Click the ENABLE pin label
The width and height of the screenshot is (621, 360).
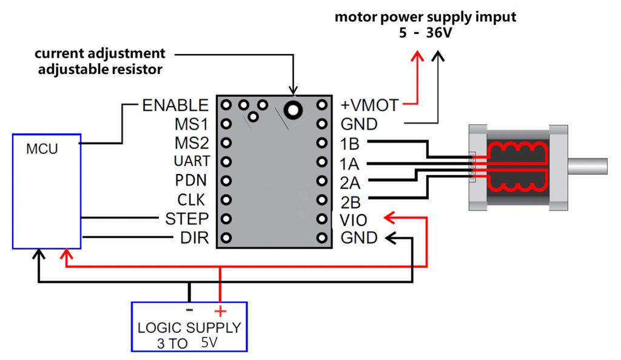coord(175,105)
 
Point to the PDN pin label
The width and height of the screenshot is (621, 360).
coord(191,180)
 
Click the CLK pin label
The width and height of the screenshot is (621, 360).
coord(192,199)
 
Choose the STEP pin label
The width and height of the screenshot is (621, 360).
coord(187,218)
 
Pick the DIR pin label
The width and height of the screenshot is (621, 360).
coord(195,238)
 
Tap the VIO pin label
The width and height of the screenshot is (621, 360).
coord(353,219)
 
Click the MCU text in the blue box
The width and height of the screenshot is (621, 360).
coord(42,148)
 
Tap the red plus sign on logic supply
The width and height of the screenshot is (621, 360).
coord(220,312)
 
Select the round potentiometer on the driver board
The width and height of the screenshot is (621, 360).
coord(295,110)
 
